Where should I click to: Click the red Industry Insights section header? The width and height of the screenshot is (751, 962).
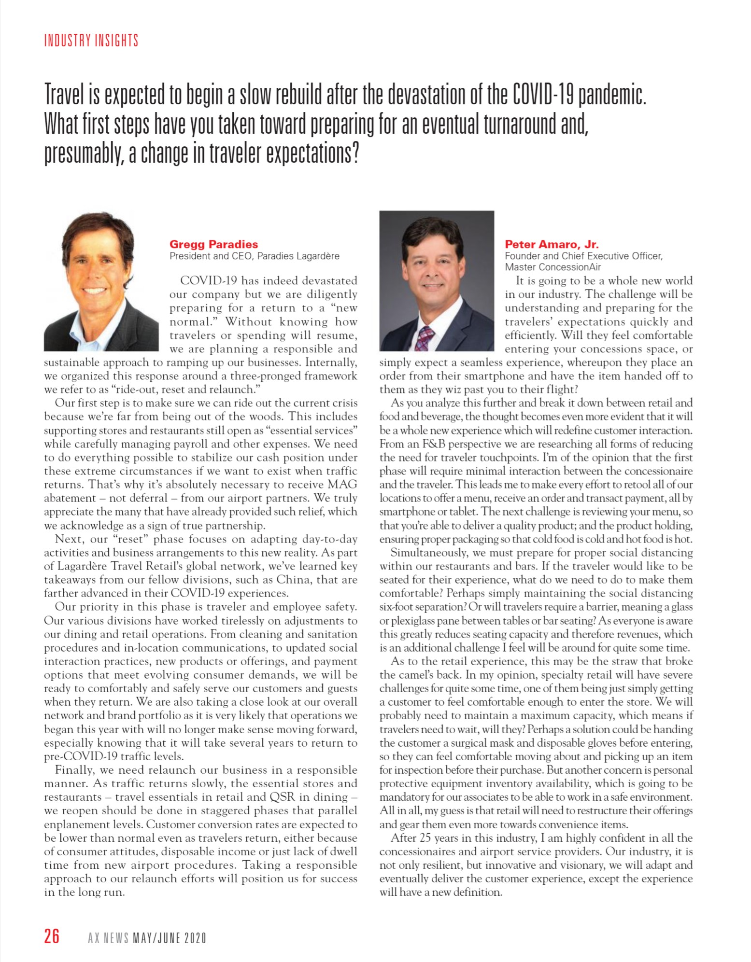tap(91, 41)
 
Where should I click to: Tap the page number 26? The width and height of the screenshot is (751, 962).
tap(52, 935)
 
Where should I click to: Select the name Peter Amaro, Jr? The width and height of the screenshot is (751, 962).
tap(552, 244)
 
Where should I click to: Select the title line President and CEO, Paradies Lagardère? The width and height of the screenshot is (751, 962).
tap(254, 256)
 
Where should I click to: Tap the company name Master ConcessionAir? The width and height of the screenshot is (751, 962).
tap(553, 267)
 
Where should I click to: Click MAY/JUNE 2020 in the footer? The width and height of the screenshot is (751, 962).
tap(170, 938)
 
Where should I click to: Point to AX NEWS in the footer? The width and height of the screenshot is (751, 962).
tap(108, 938)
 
